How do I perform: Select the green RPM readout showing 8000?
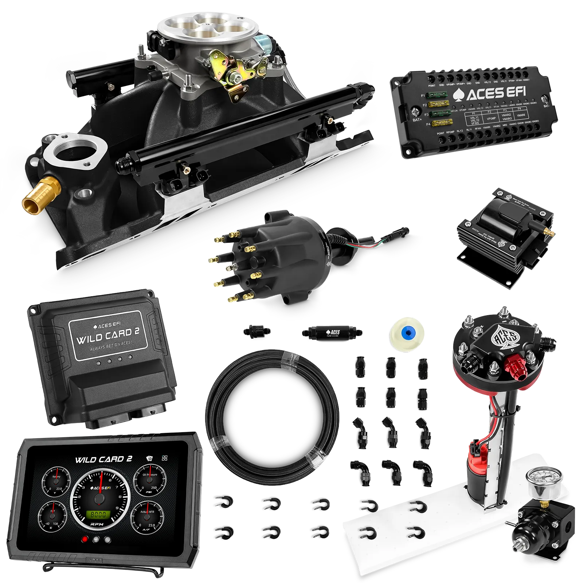click(98, 514)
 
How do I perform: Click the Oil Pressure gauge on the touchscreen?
click(150, 480)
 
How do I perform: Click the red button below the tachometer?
click(85, 540)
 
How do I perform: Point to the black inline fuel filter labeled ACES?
click(332, 332)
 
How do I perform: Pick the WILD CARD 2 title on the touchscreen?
click(103, 459)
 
